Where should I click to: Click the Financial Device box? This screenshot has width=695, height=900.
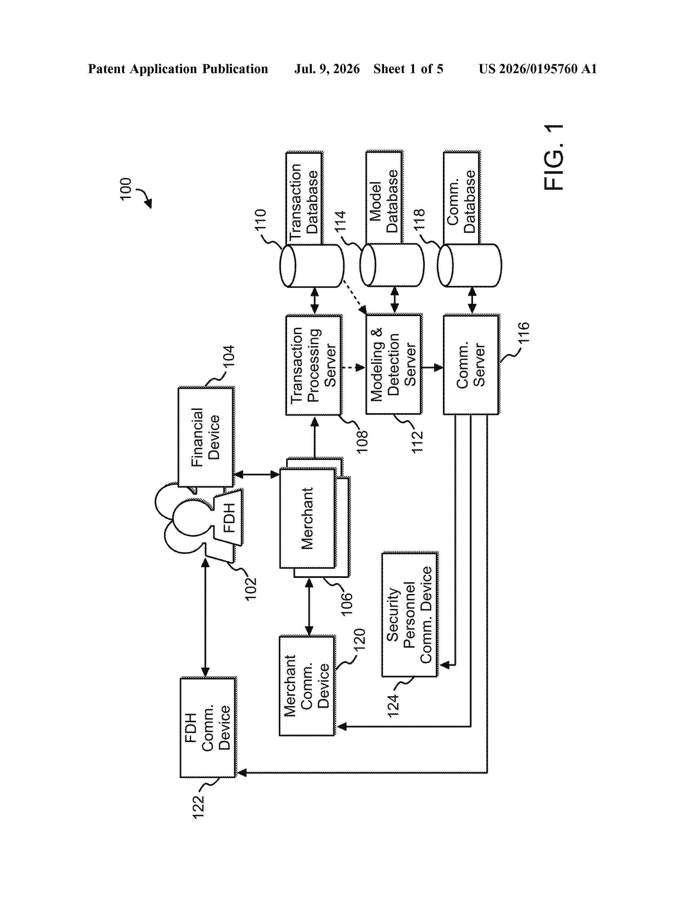(x=206, y=437)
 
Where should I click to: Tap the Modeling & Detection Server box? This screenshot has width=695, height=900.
(x=394, y=364)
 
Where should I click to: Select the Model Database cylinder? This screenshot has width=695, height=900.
(x=392, y=265)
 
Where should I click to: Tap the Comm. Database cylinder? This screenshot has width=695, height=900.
(x=469, y=265)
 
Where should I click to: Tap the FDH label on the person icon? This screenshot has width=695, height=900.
(x=229, y=518)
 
